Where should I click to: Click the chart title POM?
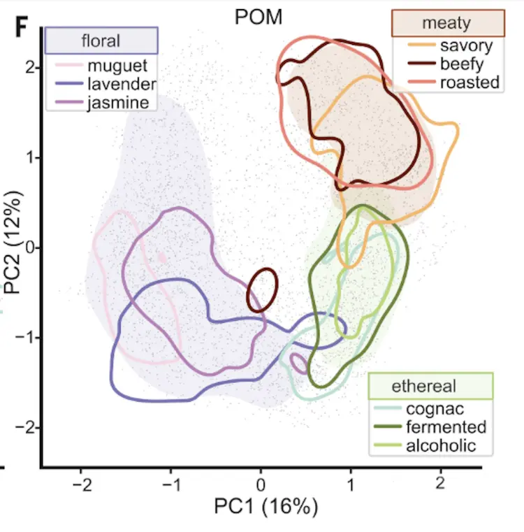[259, 17]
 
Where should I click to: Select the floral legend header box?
[101, 41]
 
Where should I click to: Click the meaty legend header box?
[446, 23]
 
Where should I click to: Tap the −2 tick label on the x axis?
[81, 484]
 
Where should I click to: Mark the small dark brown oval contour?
[261, 290]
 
